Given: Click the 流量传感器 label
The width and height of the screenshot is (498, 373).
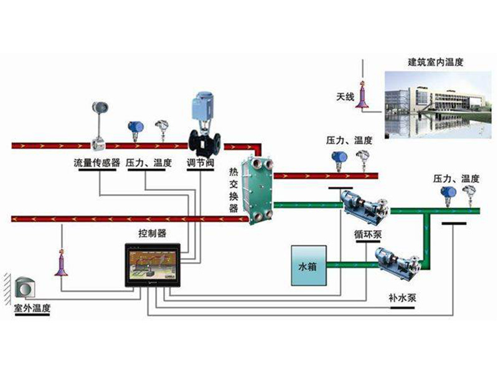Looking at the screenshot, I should pyautogui.click(x=97, y=163).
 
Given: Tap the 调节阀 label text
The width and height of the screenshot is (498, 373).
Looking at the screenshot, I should pyautogui.click(x=200, y=163).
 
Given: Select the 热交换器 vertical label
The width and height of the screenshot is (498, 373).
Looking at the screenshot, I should pyautogui.click(x=233, y=189).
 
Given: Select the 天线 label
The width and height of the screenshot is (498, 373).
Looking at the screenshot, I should pyautogui.click(x=345, y=96).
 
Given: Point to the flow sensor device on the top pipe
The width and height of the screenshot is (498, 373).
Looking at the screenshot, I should pyautogui.click(x=98, y=124).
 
